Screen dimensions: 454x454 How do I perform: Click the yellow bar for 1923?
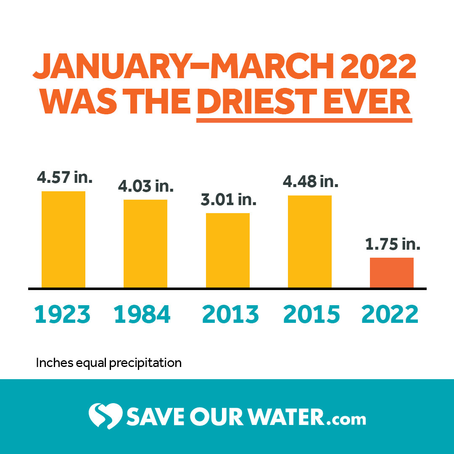click(63, 240)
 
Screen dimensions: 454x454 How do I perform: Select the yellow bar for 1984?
click(145, 244)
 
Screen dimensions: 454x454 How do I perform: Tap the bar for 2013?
click(227, 251)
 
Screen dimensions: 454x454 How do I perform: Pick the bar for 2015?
click(310, 242)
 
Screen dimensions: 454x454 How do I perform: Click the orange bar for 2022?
click(392, 273)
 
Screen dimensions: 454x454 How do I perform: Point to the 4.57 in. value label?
click(64, 177)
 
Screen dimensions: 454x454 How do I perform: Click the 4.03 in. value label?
click(146, 185)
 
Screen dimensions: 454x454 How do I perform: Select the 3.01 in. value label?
click(228, 199)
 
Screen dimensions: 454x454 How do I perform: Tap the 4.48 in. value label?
click(310, 182)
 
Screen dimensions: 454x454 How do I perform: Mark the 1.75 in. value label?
click(392, 244)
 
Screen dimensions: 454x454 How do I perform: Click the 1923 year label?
click(63, 314)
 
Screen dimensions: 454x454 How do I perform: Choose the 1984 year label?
click(143, 314)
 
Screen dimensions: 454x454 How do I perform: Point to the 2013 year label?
click(230, 314)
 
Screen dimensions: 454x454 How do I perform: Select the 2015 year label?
click(311, 314)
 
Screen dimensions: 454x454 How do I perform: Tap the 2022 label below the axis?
click(390, 314)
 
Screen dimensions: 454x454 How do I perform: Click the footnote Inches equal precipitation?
click(109, 363)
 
